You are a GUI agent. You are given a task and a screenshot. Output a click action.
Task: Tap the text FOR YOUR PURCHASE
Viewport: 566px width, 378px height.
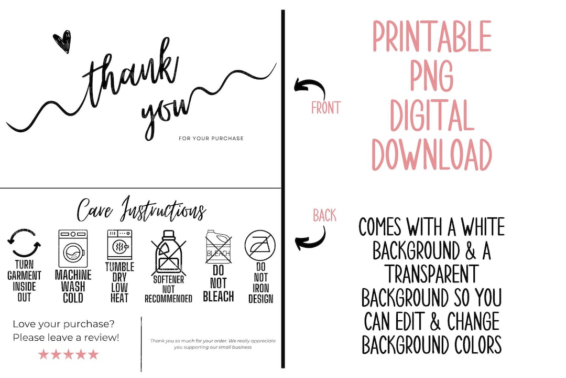211,139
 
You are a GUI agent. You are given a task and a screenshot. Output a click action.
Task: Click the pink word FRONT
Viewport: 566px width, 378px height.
325,108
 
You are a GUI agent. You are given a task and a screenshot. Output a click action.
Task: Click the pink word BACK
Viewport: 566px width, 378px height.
324,215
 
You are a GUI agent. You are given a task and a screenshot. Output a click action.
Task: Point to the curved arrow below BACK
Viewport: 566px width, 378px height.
310,238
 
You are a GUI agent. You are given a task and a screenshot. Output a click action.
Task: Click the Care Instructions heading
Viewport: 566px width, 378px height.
141,209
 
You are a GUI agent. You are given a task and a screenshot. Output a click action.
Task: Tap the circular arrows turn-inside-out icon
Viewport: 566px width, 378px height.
24,243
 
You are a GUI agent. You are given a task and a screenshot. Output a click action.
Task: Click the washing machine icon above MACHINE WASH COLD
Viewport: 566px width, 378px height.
73,248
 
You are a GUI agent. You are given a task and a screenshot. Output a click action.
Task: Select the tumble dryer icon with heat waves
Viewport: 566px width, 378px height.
119,244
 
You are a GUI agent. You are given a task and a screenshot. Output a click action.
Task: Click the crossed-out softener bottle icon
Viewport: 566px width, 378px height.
168,252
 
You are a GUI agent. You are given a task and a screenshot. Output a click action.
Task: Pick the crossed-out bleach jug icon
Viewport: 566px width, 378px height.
217,247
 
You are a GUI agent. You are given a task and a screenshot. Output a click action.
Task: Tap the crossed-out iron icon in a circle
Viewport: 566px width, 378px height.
260,246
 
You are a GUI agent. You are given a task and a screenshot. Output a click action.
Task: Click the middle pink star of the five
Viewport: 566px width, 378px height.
68,354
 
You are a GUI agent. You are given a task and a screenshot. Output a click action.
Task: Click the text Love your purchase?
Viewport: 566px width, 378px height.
63,324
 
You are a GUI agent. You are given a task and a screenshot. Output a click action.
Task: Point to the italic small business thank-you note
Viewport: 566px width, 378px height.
213,344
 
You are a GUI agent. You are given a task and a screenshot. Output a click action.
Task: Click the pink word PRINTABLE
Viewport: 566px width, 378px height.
432,36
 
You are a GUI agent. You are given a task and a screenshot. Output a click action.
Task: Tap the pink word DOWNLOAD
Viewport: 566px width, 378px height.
432,155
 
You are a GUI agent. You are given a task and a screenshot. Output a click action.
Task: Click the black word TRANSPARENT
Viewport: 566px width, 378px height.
432,274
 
